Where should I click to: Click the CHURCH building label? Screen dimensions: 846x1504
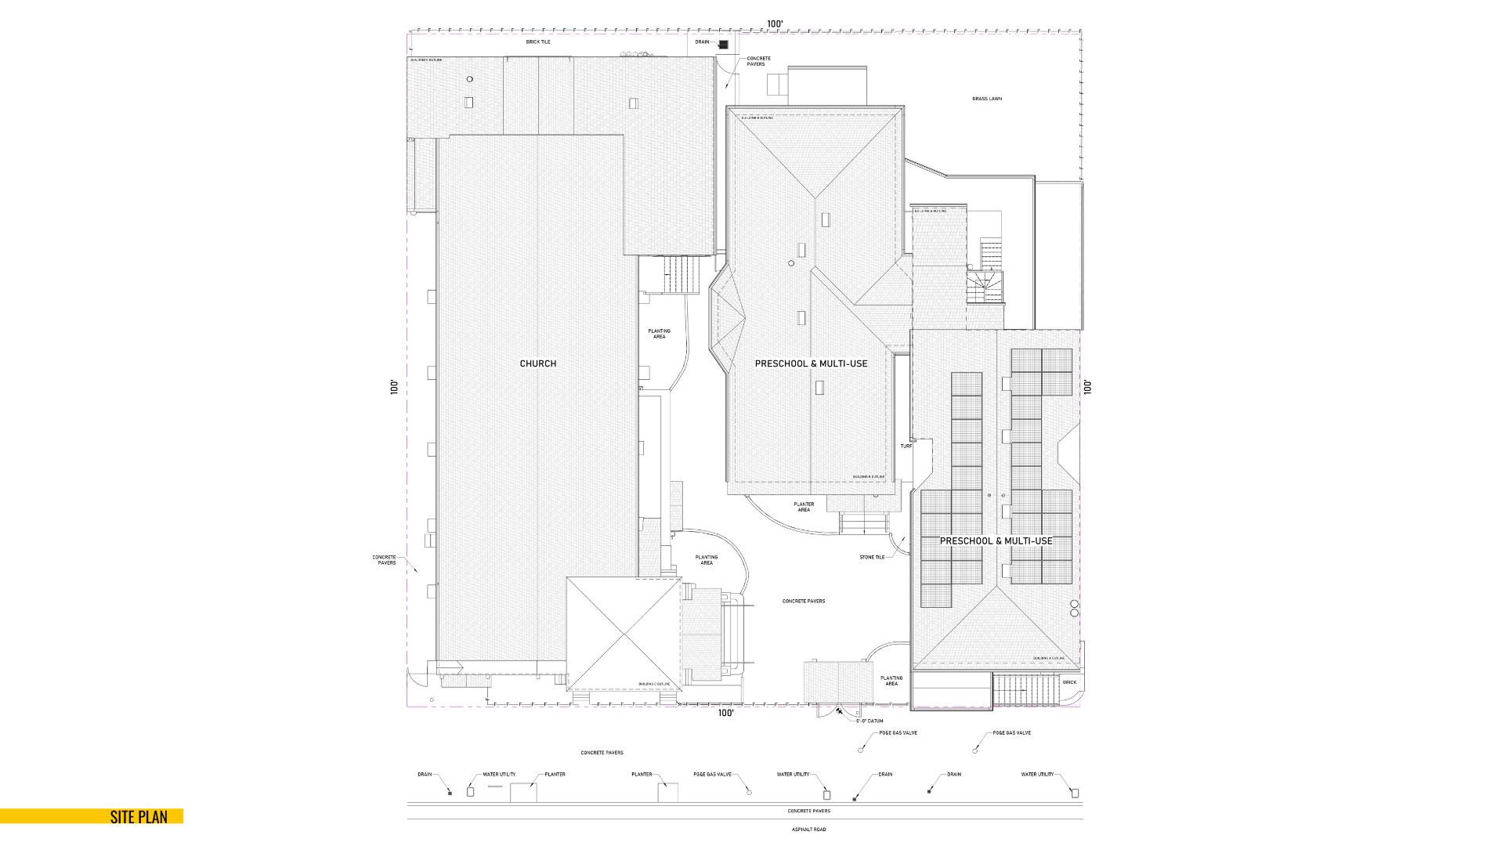[538, 363]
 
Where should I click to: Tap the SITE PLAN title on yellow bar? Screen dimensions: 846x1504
[139, 816]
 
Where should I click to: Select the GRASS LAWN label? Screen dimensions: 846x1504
[986, 99]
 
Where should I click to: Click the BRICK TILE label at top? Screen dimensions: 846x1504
[538, 42]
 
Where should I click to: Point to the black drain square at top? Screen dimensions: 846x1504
[724, 45]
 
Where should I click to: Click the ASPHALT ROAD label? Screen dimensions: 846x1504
[808, 829]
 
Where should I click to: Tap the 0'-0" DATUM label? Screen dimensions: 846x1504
[869, 721]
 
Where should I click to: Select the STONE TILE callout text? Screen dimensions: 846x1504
[872, 557]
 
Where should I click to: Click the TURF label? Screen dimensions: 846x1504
[906, 446]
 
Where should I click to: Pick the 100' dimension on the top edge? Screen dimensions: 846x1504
[775, 24]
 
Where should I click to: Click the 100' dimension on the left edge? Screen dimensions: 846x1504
[395, 387]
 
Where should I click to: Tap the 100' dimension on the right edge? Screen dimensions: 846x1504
[1087, 387]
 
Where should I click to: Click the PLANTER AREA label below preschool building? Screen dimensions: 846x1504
[804, 507]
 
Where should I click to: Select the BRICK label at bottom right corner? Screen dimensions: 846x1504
[1069, 682]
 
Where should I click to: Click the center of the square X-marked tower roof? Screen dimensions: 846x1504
[624, 634]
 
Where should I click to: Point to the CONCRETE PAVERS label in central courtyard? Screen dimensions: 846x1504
[804, 601]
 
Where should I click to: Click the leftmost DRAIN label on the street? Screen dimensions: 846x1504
[425, 774]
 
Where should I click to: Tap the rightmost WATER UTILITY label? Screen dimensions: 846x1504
[1037, 774]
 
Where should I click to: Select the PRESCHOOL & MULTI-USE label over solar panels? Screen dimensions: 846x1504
[996, 541]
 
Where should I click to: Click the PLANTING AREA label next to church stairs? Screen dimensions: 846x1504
[660, 334]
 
